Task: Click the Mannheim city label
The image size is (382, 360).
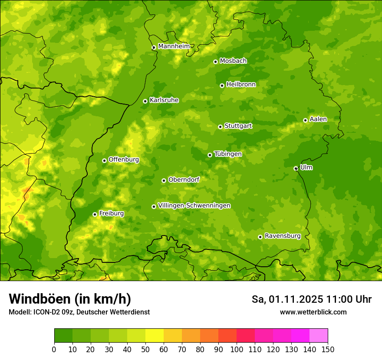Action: (x=174, y=46)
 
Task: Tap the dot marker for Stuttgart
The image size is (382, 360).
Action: (x=220, y=127)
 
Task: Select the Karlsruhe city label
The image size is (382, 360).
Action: (x=164, y=100)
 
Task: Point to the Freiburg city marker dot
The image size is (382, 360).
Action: (x=95, y=214)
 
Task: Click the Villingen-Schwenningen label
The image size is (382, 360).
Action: (x=194, y=206)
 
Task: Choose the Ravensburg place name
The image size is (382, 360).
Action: (x=282, y=236)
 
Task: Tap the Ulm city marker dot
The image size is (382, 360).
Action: (x=296, y=168)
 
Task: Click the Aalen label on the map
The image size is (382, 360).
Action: (x=318, y=119)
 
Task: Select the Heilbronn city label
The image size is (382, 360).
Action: (x=241, y=84)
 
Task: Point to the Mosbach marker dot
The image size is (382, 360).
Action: (x=215, y=62)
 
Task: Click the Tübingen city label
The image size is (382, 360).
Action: (x=228, y=154)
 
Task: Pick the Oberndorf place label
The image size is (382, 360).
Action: (x=184, y=180)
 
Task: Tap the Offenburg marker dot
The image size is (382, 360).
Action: (x=104, y=160)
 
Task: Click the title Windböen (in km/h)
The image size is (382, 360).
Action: (x=70, y=299)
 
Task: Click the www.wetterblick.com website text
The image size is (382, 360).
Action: (x=313, y=312)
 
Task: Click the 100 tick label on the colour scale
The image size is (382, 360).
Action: (x=236, y=350)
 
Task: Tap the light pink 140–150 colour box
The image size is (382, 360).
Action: (x=318, y=336)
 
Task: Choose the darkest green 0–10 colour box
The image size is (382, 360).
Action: (x=63, y=336)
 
